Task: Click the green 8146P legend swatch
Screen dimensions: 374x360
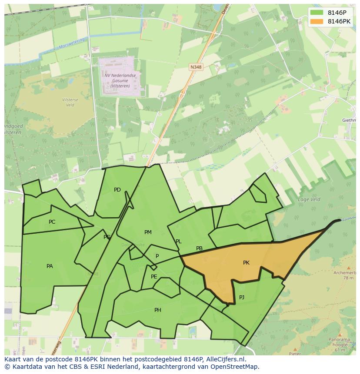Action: pos(317,13)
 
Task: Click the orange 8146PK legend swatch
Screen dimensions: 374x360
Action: pos(317,21)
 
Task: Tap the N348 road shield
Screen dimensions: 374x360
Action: pos(195,67)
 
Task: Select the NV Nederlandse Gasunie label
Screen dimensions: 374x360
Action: pos(120,80)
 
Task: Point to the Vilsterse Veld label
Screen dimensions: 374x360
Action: pos(70,103)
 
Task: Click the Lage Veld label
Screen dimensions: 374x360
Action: pos(309,199)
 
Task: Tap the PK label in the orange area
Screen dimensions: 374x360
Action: pos(246,263)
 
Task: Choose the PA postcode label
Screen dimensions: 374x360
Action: pos(50,266)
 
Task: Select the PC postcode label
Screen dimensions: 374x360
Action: pos(52,222)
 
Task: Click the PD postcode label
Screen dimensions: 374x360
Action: pos(117,190)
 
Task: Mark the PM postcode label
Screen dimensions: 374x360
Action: pos(148,232)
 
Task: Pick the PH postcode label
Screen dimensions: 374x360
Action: pos(158,310)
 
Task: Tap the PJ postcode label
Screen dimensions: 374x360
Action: pos(242,298)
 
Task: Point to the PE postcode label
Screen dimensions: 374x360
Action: pos(154,277)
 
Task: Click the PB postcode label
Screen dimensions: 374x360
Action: pos(199,249)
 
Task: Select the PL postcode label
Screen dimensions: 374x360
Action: pos(178,242)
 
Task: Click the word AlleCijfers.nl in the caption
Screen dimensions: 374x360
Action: pos(225,359)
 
